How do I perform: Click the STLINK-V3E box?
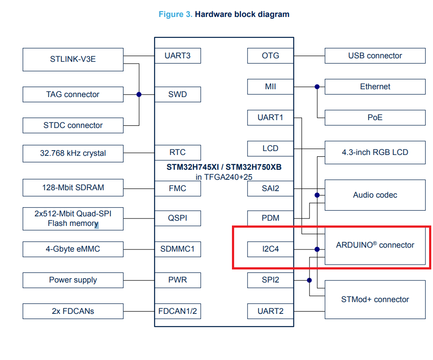tap(73, 59)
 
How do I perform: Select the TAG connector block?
tap(73, 94)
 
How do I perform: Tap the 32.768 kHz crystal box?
tap(73, 153)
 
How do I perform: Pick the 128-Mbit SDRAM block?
tap(73, 188)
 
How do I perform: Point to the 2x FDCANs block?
tap(73, 311)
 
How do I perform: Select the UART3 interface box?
tap(178, 56)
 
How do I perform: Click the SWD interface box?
tap(178, 94)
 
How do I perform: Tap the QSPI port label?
tap(178, 218)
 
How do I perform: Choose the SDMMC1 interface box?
tap(178, 249)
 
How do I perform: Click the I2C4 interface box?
tap(270, 249)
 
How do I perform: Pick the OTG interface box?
tap(270, 56)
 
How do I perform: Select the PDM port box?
tap(270, 218)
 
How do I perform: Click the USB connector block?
tap(375, 56)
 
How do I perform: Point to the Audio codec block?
tap(375, 195)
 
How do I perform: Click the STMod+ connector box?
tap(375, 299)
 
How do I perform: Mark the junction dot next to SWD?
tap(139, 94)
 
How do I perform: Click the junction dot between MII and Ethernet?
tap(317, 87)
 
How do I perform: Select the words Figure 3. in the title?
tap(175, 14)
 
